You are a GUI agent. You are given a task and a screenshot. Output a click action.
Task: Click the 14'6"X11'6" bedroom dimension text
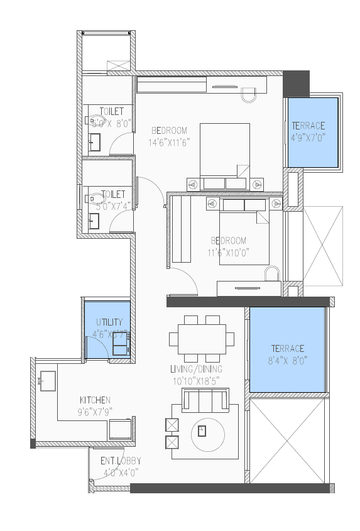(x=169, y=143)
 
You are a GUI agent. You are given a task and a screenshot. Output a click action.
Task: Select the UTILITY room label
(x=109, y=322)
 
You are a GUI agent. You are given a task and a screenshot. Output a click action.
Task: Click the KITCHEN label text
(x=95, y=400)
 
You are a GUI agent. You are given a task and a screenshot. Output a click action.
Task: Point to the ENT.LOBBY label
(x=120, y=461)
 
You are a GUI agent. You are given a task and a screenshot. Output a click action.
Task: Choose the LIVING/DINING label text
(x=196, y=369)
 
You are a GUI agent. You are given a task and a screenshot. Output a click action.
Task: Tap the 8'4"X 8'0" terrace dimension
(x=288, y=360)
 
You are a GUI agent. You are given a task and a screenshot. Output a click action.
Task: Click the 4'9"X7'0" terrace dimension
(x=308, y=137)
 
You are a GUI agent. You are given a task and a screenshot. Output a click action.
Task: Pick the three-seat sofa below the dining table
(x=205, y=400)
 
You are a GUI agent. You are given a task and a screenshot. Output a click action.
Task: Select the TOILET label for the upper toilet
(x=111, y=112)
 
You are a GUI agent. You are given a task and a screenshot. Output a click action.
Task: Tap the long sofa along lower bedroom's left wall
(x=182, y=229)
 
